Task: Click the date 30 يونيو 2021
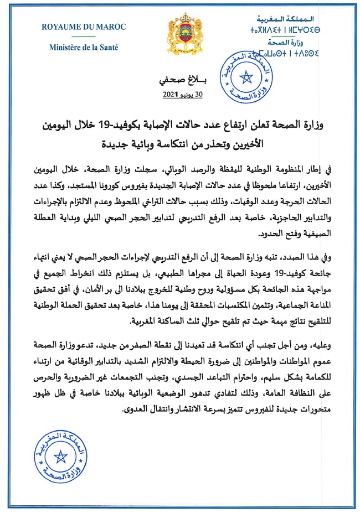tap(183, 95)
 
